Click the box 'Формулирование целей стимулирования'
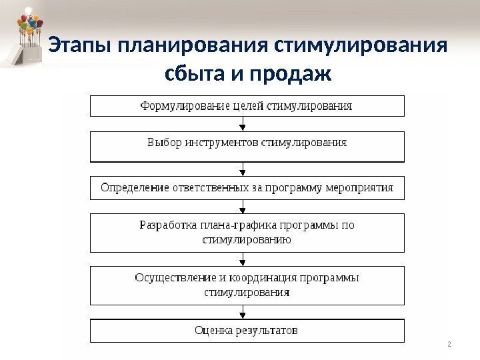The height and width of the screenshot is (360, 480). coord(247,106)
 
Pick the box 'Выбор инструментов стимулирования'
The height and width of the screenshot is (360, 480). coord(247,147)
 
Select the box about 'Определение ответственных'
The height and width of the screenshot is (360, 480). coord(247,187)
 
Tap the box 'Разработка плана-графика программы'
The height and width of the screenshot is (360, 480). coord(247,233)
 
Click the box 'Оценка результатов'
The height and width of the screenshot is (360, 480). coord(247,330)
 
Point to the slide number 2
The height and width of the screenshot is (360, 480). coord(449,345)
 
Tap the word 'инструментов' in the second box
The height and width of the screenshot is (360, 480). coord(221,142)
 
